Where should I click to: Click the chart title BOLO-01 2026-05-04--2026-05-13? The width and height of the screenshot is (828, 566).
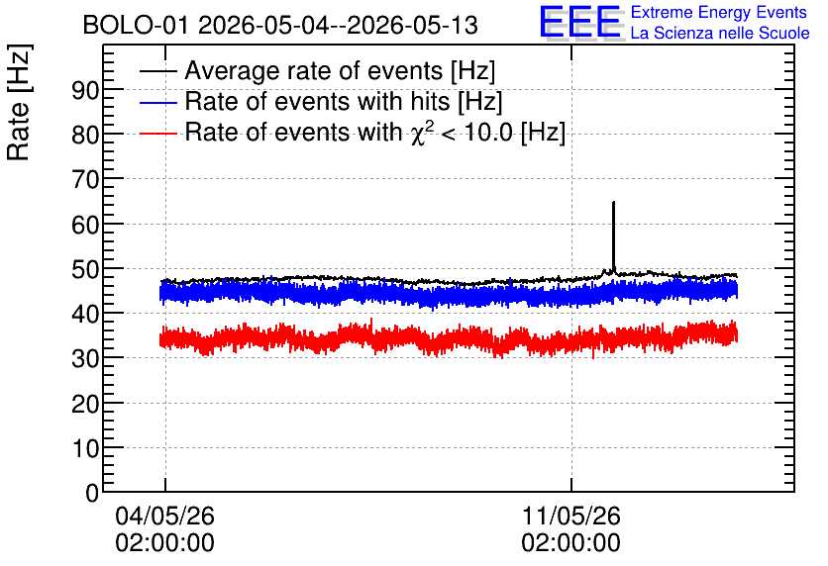point(280,26)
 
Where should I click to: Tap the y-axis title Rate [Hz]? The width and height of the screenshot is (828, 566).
point(19,102)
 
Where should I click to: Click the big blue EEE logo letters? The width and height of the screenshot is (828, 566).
point(580,23)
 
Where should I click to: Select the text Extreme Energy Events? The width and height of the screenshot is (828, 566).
point(719,12)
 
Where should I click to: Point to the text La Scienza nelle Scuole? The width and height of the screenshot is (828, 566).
point(720,33)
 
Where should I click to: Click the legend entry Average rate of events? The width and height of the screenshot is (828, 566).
point(340,70)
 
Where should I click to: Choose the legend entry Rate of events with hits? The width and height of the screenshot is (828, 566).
point(344,101)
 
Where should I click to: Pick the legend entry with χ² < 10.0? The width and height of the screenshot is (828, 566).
point(375,132)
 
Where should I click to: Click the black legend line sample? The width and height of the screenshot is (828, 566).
point(157,71)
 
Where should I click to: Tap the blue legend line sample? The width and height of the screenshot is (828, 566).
point(157,102)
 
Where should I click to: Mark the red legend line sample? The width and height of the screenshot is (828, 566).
point(157,133)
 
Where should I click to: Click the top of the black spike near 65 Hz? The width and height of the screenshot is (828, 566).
point(613,202)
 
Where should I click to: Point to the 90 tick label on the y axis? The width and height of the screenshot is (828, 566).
point(85,91)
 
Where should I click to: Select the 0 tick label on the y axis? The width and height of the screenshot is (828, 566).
point(92,493)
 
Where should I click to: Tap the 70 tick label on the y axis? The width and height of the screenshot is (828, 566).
point(85,180)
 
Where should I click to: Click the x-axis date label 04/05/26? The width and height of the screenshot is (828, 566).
point(164,516)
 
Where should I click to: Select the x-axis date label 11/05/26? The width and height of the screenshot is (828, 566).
point(570,516)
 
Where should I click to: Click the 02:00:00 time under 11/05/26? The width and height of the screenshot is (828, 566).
point(570,543)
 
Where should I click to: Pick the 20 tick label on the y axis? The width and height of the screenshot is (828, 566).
point(85,404)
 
